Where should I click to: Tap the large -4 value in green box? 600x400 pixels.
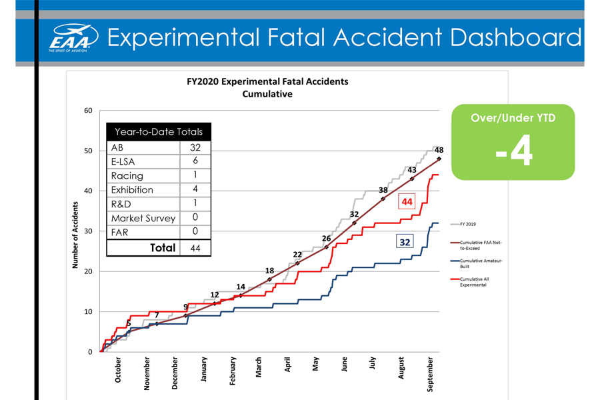513,153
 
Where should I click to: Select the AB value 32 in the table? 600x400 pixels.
195,147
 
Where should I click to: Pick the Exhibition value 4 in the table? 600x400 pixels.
195,189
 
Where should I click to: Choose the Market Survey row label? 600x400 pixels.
143,218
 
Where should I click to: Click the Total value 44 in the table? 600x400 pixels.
195,248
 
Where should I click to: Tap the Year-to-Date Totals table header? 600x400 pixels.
159,131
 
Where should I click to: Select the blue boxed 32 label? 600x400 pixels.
405,242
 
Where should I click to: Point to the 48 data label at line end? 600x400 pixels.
439,151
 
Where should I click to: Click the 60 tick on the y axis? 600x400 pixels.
88,111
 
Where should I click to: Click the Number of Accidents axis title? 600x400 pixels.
75,232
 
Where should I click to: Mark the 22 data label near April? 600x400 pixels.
297,255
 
